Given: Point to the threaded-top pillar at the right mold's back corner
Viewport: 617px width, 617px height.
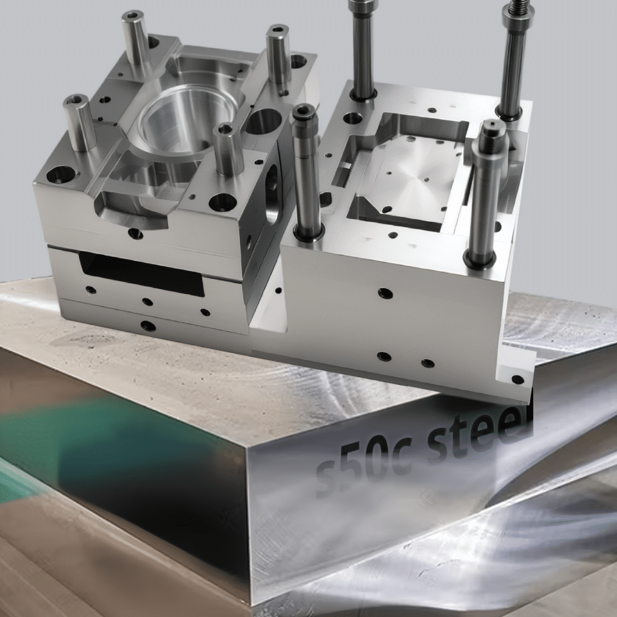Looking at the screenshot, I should point(513,60).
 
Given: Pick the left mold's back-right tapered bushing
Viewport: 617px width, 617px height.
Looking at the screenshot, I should point(278,54).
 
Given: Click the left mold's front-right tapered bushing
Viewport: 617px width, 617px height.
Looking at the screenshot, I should point(228,149).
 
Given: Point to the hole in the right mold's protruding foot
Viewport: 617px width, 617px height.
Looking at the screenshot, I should point(517,380).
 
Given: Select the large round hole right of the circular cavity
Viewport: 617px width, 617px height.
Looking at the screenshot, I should point(263,121).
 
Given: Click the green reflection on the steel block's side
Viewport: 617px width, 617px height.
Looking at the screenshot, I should point(108,434).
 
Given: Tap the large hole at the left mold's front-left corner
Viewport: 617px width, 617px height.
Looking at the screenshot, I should point(61,175).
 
